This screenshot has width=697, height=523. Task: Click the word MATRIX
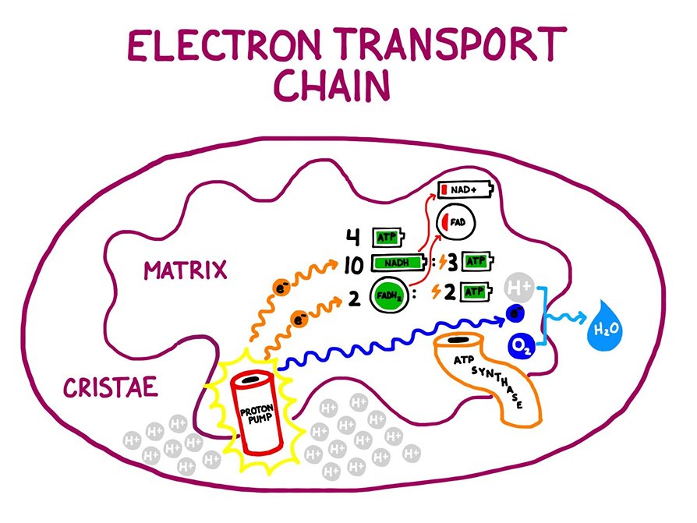click(185, 270)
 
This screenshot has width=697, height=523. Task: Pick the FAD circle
click(455, 221)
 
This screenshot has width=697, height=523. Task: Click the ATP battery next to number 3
click(476, 261)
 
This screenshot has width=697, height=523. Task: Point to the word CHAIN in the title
click(332, 87)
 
